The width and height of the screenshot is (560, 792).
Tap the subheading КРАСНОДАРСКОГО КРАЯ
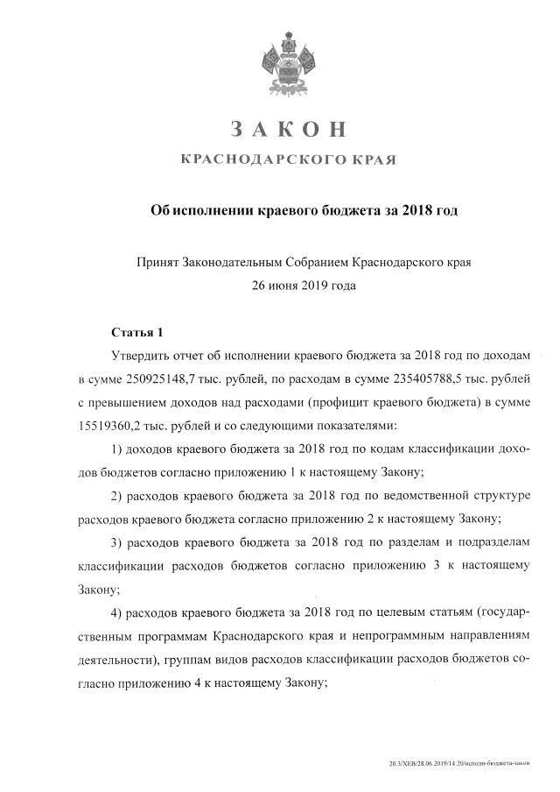point(288,160)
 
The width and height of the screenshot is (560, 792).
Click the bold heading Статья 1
point(137,332)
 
